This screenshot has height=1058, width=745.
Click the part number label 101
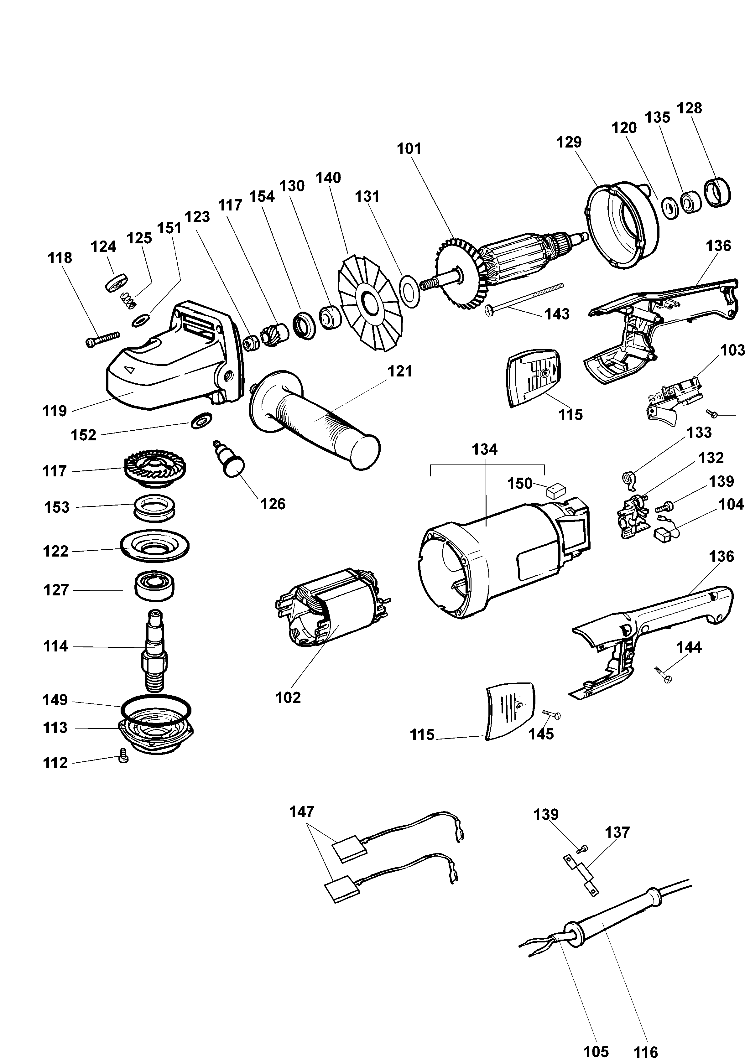(x=409, y=149)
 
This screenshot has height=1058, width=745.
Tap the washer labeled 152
(x=201, y=421)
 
